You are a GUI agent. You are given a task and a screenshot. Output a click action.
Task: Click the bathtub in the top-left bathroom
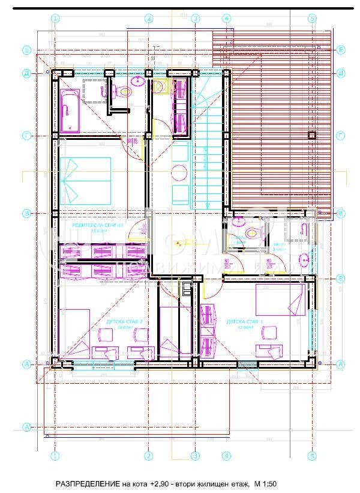tap(70, 110)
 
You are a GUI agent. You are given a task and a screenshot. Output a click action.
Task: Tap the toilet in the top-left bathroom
tap(124, 92)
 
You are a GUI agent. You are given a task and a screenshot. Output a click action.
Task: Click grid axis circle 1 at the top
tap(55, 19)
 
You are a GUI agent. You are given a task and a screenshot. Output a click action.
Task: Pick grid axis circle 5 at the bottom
tap(311, 456)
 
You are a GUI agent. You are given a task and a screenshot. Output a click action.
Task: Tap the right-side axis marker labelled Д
tap(340, 73)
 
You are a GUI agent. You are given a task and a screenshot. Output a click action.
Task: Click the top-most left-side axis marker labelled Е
tap(26, 49)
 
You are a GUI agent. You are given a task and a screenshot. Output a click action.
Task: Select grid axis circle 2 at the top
tap(148, 19)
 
